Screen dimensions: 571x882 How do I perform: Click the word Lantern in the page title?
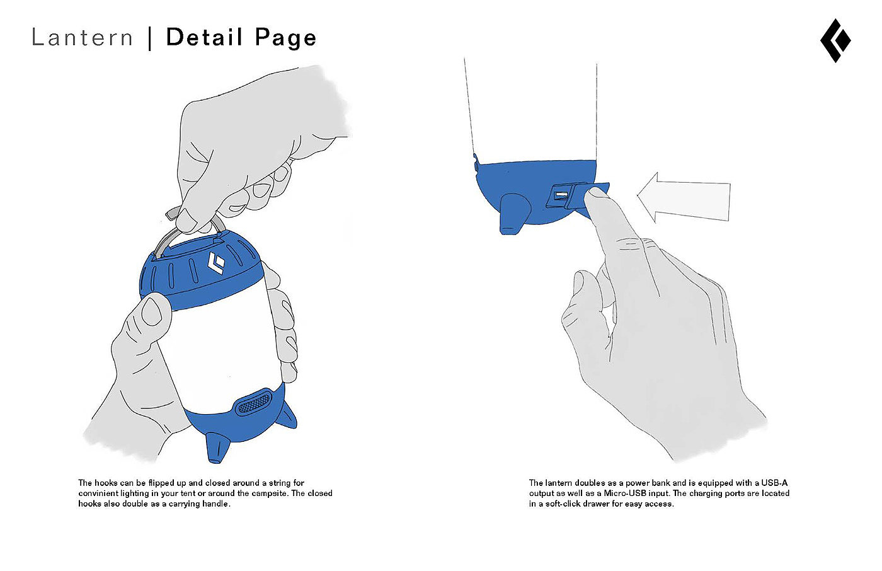[82, 38]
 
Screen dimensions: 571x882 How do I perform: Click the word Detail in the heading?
[204, 38]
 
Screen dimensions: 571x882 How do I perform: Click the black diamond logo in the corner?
[835, 40]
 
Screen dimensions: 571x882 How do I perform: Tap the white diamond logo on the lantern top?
[217, 264]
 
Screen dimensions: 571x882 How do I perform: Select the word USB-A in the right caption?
[774, 483]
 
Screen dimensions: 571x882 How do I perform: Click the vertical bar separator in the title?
[149, 38]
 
